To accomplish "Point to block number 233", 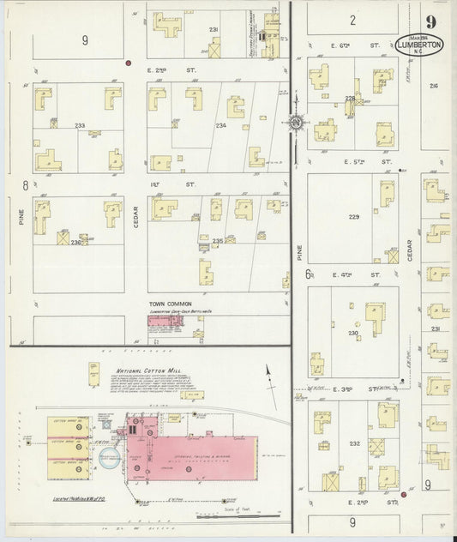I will [79, 126].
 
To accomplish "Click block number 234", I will [196, 126].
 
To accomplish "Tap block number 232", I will [354, 443].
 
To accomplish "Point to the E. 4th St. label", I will [353, 275].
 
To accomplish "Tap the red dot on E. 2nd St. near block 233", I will [129, 63].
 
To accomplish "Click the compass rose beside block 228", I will [297, 123].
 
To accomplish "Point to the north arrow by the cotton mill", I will [269, 372].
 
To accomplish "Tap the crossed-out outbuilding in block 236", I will [63, 238].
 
